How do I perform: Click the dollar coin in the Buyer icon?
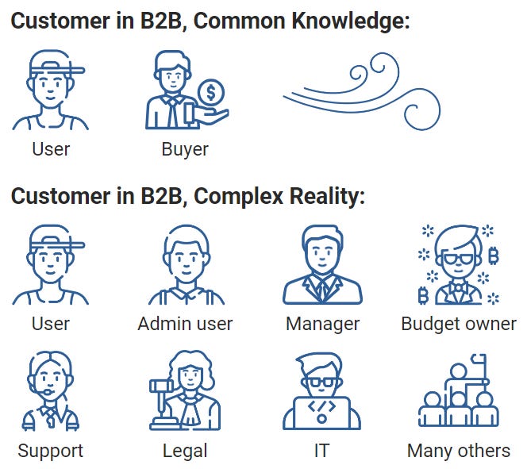click(x=210, y=93)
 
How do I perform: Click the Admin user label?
click(x=185, y=324)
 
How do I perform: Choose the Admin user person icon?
click(x=185, y=266)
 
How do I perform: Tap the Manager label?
click(x=323, y=324)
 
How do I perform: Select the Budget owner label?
click(x=459, y=324)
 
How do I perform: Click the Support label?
click(x=50, y=451)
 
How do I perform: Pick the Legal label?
click(x=185, y=451)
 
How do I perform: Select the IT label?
click(x=321, y=451)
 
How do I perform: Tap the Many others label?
click(x=459, y=451)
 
